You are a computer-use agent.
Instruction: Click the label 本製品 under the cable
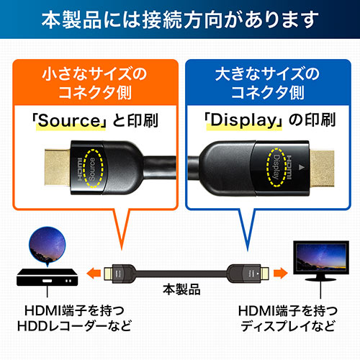click(180, 293)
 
